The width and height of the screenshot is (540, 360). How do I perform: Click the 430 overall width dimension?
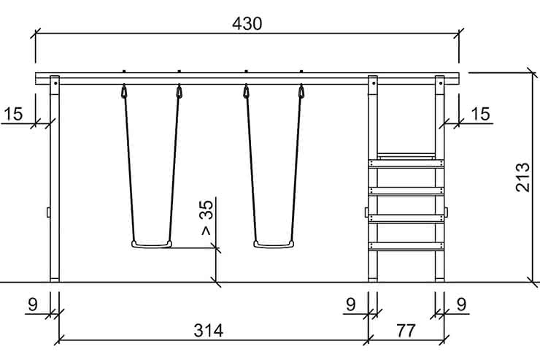[247, 24]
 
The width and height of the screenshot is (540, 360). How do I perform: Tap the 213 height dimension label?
[522, 177]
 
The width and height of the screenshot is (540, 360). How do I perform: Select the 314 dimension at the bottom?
[209, 331]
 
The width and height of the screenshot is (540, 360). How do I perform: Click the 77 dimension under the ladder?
[406, 331]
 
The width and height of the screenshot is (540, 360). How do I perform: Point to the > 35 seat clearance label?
[207, 218]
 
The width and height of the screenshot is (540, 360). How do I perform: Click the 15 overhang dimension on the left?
[13, 114]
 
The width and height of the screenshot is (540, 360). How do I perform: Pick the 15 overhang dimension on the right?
[480, 114]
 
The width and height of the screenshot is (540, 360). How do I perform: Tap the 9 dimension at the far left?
[32, 305]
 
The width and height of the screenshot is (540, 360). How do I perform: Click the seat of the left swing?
[152, 245]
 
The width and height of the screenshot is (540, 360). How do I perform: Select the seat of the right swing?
[274, 245]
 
